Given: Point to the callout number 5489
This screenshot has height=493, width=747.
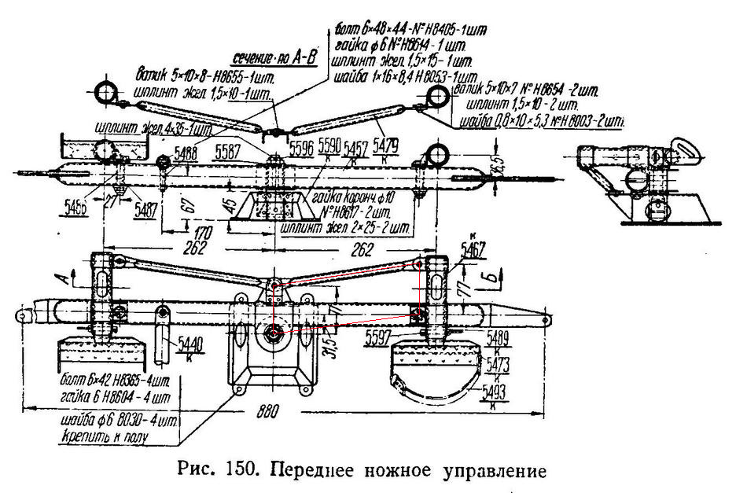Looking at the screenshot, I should [x=498, y=338].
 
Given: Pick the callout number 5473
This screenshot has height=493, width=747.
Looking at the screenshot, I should [x=498, y=363].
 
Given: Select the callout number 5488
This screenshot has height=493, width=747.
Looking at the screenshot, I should [x=187, y=154].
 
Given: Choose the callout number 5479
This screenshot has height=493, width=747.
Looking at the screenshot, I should [x=386, y=145].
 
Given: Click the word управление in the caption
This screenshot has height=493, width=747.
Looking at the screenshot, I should [x=491, y=472].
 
